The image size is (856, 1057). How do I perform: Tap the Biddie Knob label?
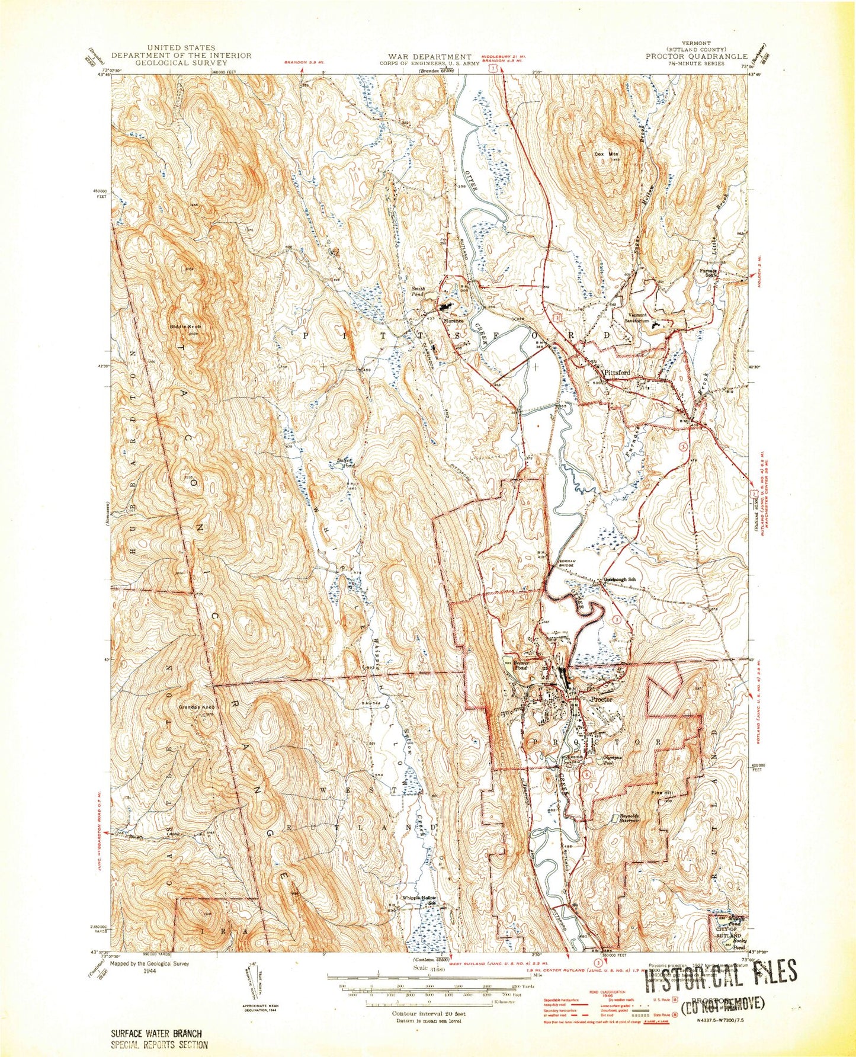click(187, 326)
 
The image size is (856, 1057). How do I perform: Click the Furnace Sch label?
click(710, 271)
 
